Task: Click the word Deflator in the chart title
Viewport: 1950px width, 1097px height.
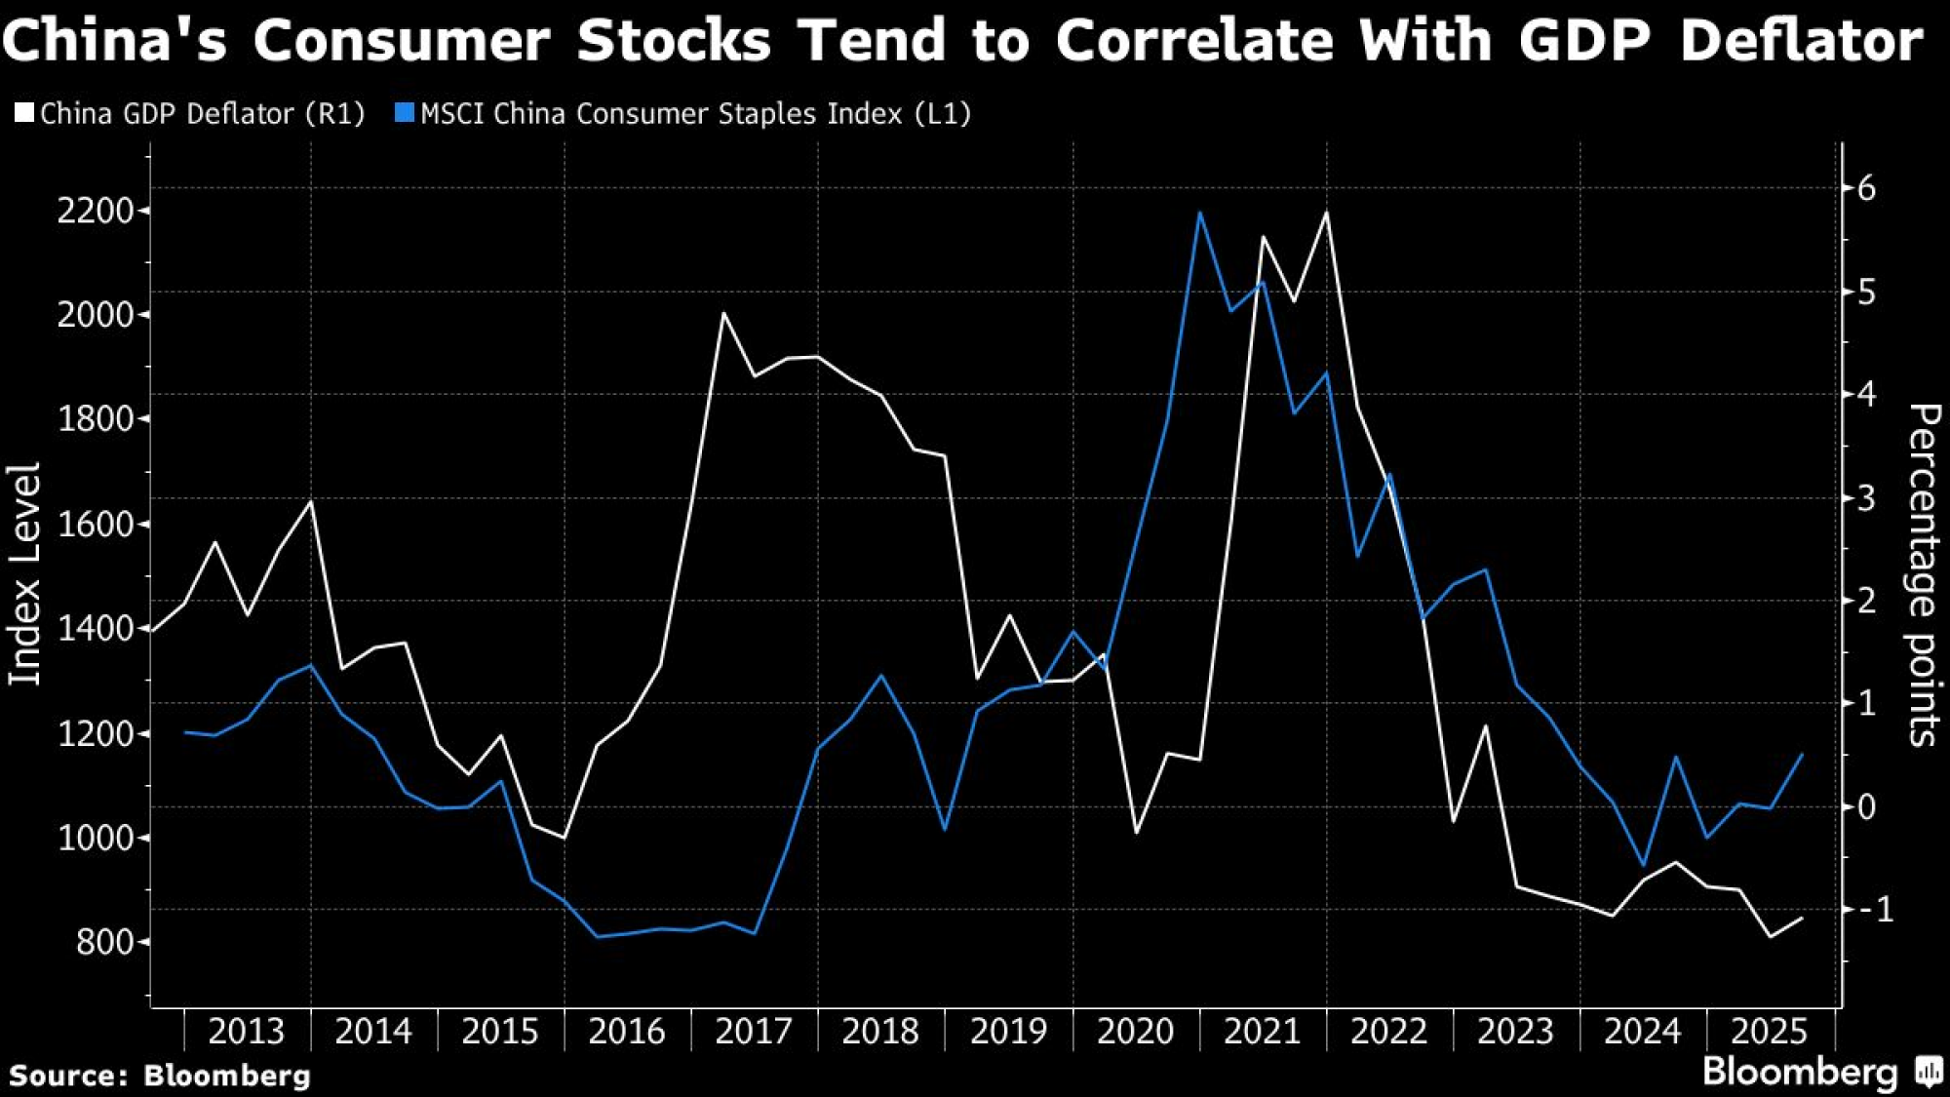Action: coord(1801,41)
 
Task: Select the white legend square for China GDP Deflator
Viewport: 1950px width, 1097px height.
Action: coord(24,113)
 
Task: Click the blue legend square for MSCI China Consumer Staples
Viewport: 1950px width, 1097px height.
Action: coord(404,113)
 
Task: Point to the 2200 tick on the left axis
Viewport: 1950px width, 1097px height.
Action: coord(95,211)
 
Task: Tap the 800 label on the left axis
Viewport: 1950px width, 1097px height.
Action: coord(104,942)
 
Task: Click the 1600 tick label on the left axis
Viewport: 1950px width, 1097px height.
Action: coord(95,525)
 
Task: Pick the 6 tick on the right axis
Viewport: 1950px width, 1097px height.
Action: coord(1866,187)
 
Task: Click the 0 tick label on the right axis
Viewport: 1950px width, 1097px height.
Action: coord(1866,806)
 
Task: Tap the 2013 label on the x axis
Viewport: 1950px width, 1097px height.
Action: coord(247,1032)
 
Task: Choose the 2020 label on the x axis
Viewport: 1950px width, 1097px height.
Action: coord(1135,1032)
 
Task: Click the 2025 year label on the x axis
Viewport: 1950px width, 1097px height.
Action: coord(1769,1032)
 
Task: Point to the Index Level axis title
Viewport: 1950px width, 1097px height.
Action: coord(24,573)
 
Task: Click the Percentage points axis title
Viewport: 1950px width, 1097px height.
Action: coord(1923,575)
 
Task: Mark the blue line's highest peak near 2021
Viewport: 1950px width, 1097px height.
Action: coord(1200,213)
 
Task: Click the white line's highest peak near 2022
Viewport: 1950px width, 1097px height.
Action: coord(1326,213)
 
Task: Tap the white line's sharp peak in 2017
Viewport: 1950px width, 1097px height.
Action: coord(723,314)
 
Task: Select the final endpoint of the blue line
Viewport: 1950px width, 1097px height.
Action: coord(1802,754)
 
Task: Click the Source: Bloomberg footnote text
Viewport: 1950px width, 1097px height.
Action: coord(160,1076)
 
